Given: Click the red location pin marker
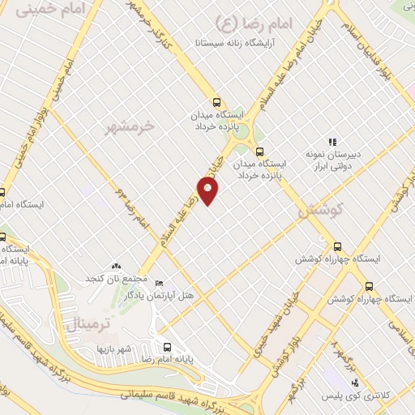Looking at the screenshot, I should (209, 191).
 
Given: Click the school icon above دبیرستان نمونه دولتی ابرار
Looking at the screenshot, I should (331, 142).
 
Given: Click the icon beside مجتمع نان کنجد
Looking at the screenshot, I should (116, 265).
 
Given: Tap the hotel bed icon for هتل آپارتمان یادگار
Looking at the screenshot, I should (159, 283).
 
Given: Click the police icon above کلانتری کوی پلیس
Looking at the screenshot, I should (352, 380).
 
